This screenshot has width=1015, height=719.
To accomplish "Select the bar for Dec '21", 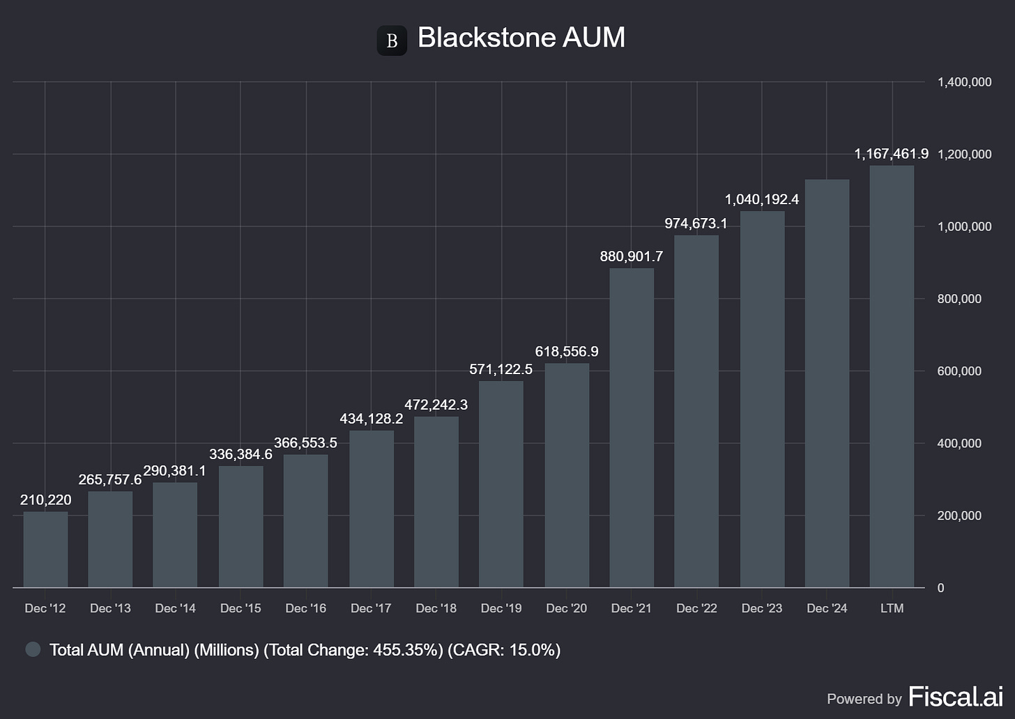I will point(632,428).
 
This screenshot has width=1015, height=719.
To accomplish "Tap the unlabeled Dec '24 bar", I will point(827,383).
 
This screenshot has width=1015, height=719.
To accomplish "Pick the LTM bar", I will point(892,376).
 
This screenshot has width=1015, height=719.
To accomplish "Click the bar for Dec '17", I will point(371,509).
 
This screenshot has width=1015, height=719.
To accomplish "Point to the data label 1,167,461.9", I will point(891,154).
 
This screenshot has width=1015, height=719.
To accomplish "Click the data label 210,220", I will point(45,500).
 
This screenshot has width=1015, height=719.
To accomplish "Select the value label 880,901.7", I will point(632,256).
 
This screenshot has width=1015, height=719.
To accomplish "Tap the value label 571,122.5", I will point(501,369).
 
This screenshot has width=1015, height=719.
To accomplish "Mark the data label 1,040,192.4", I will point(762,199).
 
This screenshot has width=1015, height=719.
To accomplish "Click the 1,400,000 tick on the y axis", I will point(964,82).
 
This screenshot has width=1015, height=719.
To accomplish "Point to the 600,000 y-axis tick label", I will point(959,371).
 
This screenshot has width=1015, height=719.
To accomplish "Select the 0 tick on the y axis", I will point(941,588).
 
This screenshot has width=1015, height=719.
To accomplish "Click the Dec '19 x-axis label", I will point(501,608).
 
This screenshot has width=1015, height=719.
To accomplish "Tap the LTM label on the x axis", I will point(892,608).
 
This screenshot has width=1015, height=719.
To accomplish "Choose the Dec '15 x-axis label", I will point(241,608).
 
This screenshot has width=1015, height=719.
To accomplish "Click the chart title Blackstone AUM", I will point(521,38).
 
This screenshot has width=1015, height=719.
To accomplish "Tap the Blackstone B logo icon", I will point(392,40).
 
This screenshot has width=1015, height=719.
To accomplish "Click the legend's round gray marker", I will point(33,650).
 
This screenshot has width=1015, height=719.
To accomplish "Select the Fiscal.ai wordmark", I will point(955,697).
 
